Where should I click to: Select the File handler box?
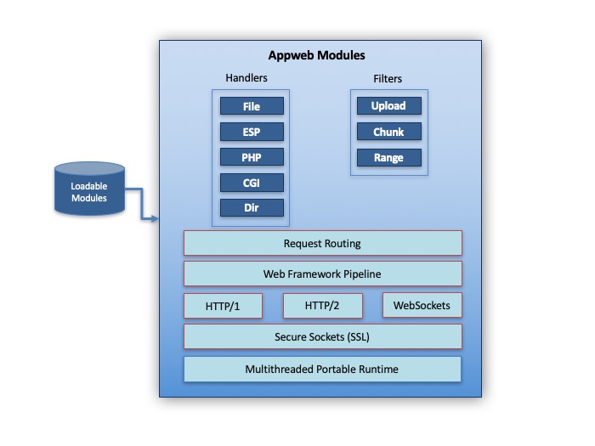(251, 106)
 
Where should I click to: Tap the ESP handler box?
(251, 132)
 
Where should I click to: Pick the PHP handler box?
(251, 157)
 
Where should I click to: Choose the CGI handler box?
(251, 183)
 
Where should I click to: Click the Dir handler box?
(251, 208)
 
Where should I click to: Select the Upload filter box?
(388, 106)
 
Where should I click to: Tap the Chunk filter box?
(388, 132)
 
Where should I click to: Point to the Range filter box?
(388, 157)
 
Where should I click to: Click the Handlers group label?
(246, 78)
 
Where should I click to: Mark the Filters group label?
(388, 79)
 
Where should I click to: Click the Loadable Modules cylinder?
(89, 189)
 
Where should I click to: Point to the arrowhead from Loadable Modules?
(156, 219)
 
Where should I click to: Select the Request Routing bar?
(323, 243)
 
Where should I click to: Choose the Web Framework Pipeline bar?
(323, 274)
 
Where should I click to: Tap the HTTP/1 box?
(223, 306)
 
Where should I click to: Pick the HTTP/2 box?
(323, 306)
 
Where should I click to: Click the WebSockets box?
(422, 306)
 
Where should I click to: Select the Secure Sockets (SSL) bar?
(323, 336)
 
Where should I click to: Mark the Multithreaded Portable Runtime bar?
(323, 369)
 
